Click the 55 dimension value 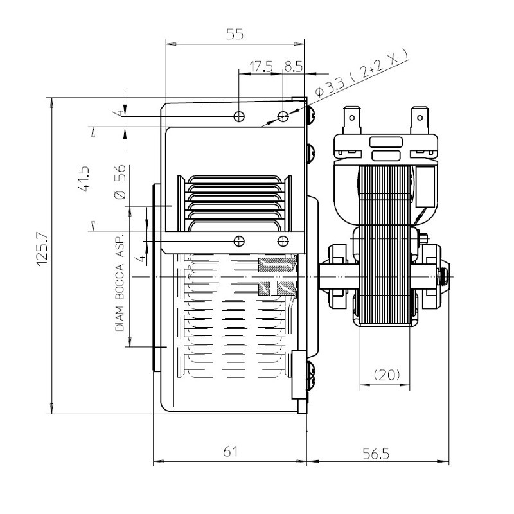[235, 34]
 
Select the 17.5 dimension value [261, 67]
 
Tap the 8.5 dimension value [294, 67]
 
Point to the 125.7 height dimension [42, 249]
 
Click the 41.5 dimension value [84, 179]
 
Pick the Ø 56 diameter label [120, 182]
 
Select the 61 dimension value [230, 452]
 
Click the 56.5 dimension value [376, 454]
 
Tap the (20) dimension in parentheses [387, 375]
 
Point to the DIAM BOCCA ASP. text [120, 282]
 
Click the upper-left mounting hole [239, 116]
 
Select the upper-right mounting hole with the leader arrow [283, 116]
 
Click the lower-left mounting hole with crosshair [239, 242]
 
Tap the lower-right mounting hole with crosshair [283, 242]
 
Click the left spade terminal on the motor [351, 120]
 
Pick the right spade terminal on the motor [420, 120]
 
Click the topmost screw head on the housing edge [311, 115]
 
